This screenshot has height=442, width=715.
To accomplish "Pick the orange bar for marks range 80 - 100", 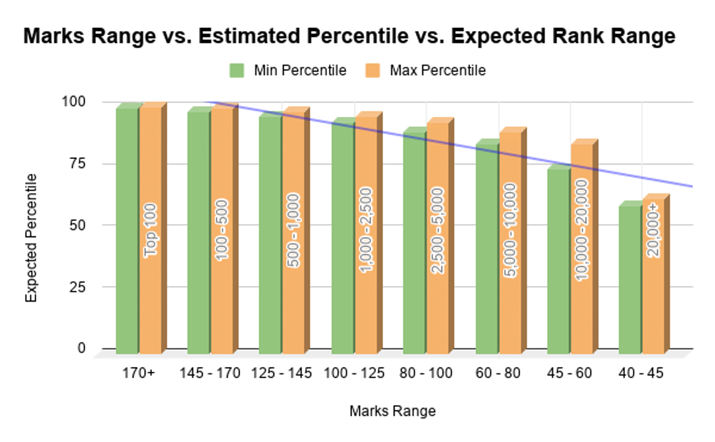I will (437, 238).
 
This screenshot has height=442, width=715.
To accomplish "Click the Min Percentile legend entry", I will (288, 70).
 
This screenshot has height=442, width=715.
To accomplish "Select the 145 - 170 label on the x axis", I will (210, 373).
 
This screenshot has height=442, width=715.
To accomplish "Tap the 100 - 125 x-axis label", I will (354, 373).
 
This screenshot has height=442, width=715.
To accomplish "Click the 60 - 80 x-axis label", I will (498, 373).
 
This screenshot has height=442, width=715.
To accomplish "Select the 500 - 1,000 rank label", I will (294, 229).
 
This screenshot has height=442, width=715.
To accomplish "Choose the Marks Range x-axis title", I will (392, 411).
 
